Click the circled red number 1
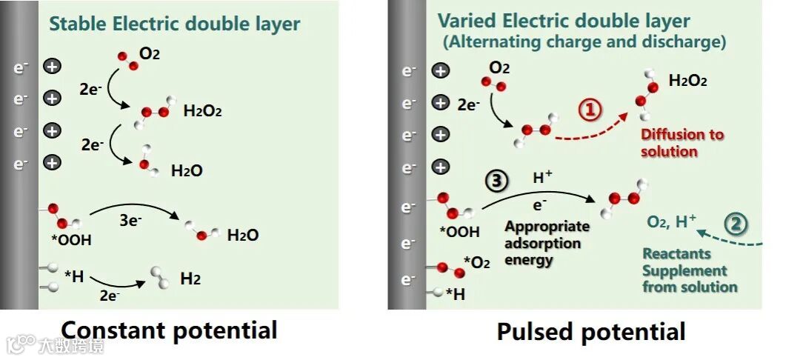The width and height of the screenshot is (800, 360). (590, 110)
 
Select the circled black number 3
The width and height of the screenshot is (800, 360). (496, 181)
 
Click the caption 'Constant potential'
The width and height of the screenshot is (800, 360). (169, 330)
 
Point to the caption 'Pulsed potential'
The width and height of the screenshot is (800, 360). (591, 331)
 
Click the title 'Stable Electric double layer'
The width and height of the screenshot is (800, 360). (175, 24)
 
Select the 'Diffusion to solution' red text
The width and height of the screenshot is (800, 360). (682, 143)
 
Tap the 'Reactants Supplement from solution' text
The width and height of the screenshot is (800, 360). (690, 270)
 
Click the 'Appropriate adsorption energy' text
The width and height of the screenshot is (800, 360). (547, 243)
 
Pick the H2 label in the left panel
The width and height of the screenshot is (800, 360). (190, 279)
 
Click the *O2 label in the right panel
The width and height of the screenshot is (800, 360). (476, 261)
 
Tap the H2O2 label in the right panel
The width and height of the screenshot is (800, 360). (687, 81)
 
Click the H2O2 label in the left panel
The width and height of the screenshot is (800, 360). (202, 111)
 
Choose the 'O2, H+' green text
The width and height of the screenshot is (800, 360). (672, 220)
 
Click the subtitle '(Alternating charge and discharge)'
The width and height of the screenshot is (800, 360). (584, 42)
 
